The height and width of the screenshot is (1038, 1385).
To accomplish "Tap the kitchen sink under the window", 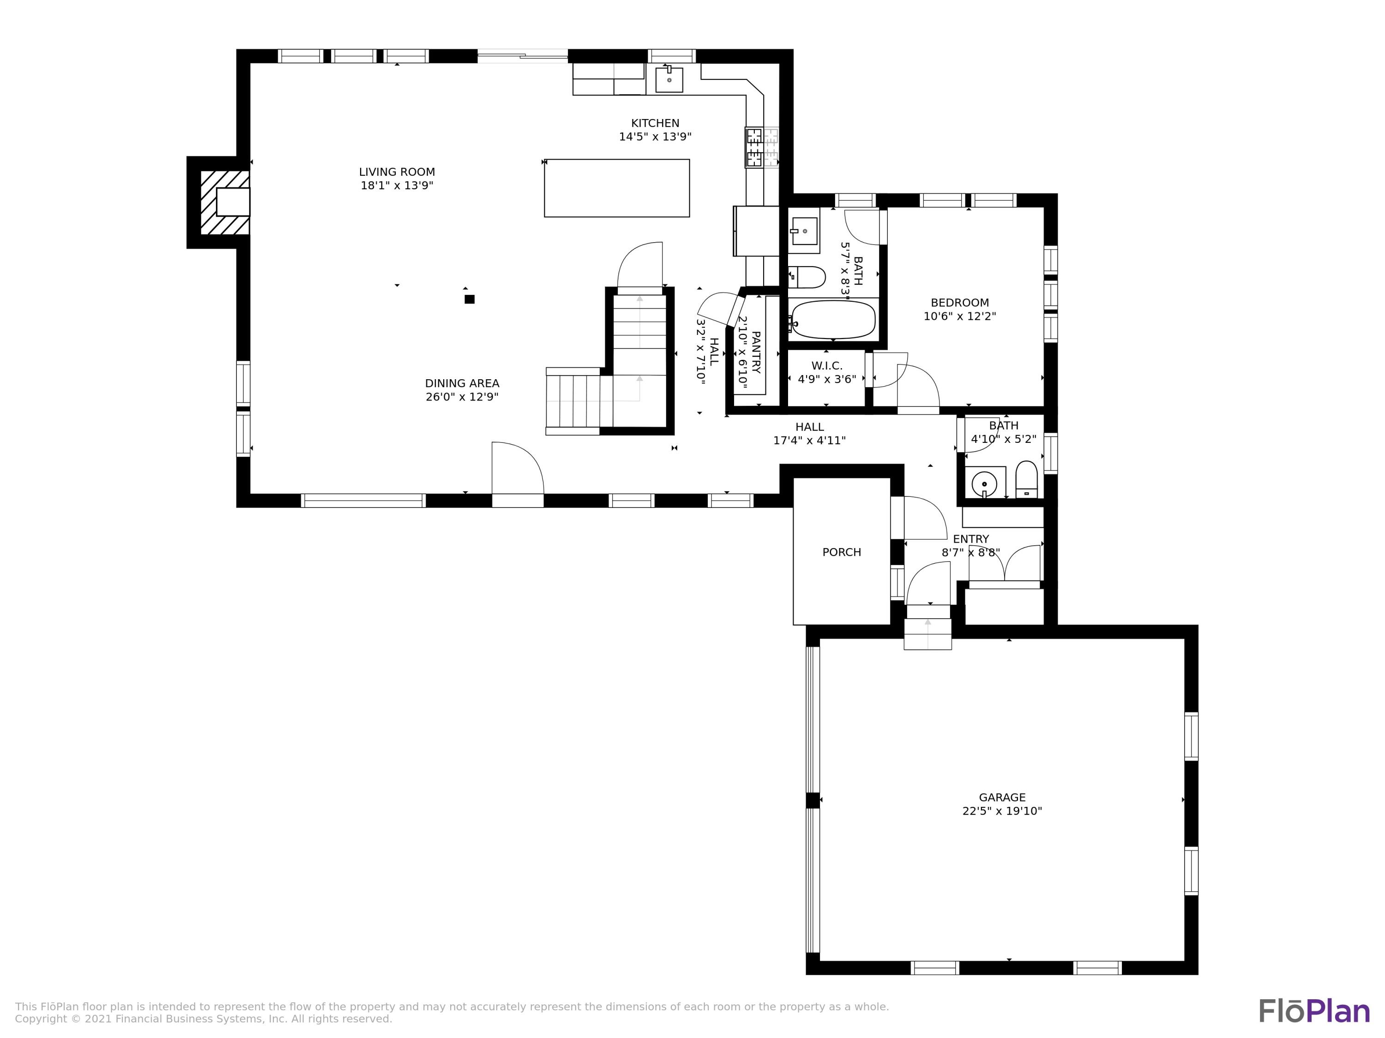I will click(x=668, y=79).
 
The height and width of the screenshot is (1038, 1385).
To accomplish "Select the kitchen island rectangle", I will click(x=617, y=188).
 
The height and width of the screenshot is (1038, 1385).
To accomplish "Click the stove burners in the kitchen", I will click(x=754, y=148).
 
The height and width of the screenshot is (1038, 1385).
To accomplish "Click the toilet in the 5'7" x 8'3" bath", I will click(x=807, y=276).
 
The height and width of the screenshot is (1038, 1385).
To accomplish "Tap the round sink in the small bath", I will click(x=984, y=483).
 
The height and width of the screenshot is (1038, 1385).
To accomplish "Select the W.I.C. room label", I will click(x=826, y=365).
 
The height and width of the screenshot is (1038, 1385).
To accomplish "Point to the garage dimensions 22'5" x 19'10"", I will click(x=1002, y=811).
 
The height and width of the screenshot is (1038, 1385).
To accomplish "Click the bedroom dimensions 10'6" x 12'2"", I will click(x=959, y=316).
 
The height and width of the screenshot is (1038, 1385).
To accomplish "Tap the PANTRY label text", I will click(x=756, y=352).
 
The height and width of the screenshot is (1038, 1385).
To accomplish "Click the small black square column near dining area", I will click(x=470, y=299).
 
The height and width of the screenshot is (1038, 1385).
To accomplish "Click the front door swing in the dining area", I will click(x=517, y=469).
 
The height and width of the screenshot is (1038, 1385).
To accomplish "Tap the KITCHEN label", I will click(x=655, y=123).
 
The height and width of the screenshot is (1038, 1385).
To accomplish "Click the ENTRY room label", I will click(x=970, y=539).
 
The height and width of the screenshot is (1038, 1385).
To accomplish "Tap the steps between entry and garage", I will click(x=927, y=633).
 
